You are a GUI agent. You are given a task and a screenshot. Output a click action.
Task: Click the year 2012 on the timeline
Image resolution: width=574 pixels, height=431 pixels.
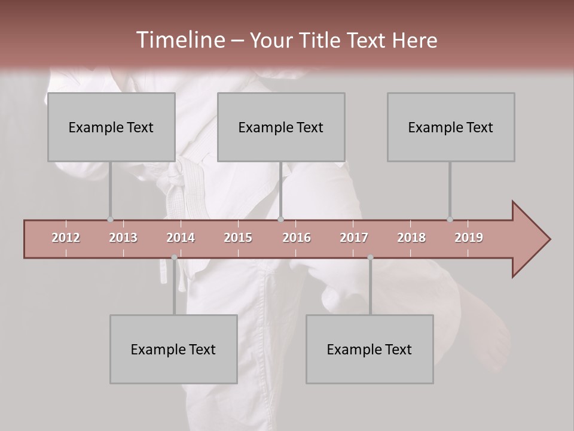(66, 238)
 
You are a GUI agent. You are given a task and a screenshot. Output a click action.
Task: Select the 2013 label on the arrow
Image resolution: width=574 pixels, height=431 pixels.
(123, 238)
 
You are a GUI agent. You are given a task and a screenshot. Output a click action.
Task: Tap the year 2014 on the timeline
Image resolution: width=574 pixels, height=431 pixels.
(181, 238)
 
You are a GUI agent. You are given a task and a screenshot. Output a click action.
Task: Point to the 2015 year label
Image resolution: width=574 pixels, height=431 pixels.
(238, 238)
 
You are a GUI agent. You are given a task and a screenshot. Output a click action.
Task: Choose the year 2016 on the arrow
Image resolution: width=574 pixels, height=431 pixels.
(297, 238)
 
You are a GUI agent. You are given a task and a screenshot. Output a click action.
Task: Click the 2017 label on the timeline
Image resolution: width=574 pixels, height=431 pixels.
(354, 238)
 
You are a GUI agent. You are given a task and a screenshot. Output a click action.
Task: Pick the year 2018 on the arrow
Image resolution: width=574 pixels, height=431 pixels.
(411, 238)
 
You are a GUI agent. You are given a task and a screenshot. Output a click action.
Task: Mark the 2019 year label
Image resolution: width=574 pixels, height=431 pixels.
(469, 238)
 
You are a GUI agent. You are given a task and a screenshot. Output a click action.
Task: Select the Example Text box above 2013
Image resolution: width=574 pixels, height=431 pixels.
(111, 127)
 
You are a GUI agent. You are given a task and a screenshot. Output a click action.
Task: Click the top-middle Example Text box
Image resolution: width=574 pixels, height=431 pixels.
(281, 127)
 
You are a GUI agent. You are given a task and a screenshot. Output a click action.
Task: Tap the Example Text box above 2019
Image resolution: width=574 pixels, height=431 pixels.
(451, 127)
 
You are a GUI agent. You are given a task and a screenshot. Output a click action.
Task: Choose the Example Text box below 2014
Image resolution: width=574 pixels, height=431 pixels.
(173, 349)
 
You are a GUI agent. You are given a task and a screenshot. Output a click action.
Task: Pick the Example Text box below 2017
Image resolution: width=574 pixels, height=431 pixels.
(370, 349)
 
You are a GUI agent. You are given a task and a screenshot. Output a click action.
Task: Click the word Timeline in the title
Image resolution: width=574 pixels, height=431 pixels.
(180, 40)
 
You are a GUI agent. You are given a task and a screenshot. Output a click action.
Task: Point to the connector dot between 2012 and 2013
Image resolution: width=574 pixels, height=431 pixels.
(110, 220)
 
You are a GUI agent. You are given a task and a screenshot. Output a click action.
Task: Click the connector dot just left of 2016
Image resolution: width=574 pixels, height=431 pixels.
(281, 220)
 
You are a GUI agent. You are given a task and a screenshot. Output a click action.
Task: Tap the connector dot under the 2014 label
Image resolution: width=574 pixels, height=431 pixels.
(174, 257)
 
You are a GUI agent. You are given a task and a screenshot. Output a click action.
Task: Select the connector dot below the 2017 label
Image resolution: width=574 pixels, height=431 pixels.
(370, 257)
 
